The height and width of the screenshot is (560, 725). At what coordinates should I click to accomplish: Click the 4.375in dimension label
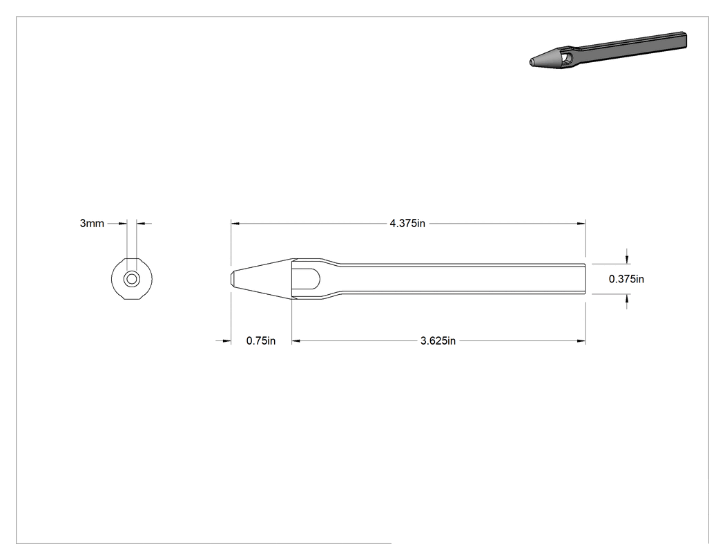coord(407,223)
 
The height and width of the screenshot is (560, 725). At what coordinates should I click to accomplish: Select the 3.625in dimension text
coord(438,341)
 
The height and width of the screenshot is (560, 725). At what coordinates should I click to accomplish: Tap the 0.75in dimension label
coord(261,341)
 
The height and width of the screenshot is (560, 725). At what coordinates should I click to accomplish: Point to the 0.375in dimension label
coord(626,279)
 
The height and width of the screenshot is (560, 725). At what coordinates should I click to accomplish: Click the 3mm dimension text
coord(92,223)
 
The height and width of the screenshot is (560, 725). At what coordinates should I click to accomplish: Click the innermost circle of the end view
coord(132,279)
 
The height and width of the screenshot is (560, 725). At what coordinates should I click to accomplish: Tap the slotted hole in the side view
coord(306,279)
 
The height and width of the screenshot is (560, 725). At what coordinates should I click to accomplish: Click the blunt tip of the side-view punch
coord(231,279)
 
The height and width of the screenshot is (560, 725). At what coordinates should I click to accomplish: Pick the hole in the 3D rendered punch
coord(569,58)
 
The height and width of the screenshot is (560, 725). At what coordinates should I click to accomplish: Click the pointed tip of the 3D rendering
coord(531,61)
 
